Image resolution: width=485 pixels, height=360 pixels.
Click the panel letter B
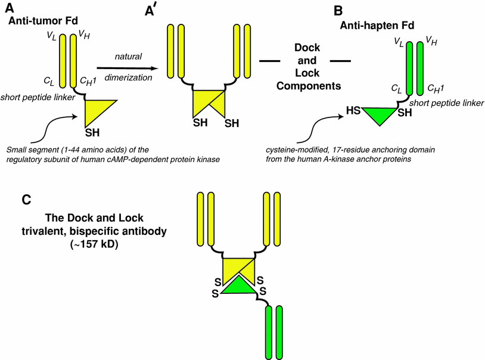(x=338, y=11)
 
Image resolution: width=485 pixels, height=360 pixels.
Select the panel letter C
(x=26, y=201)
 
